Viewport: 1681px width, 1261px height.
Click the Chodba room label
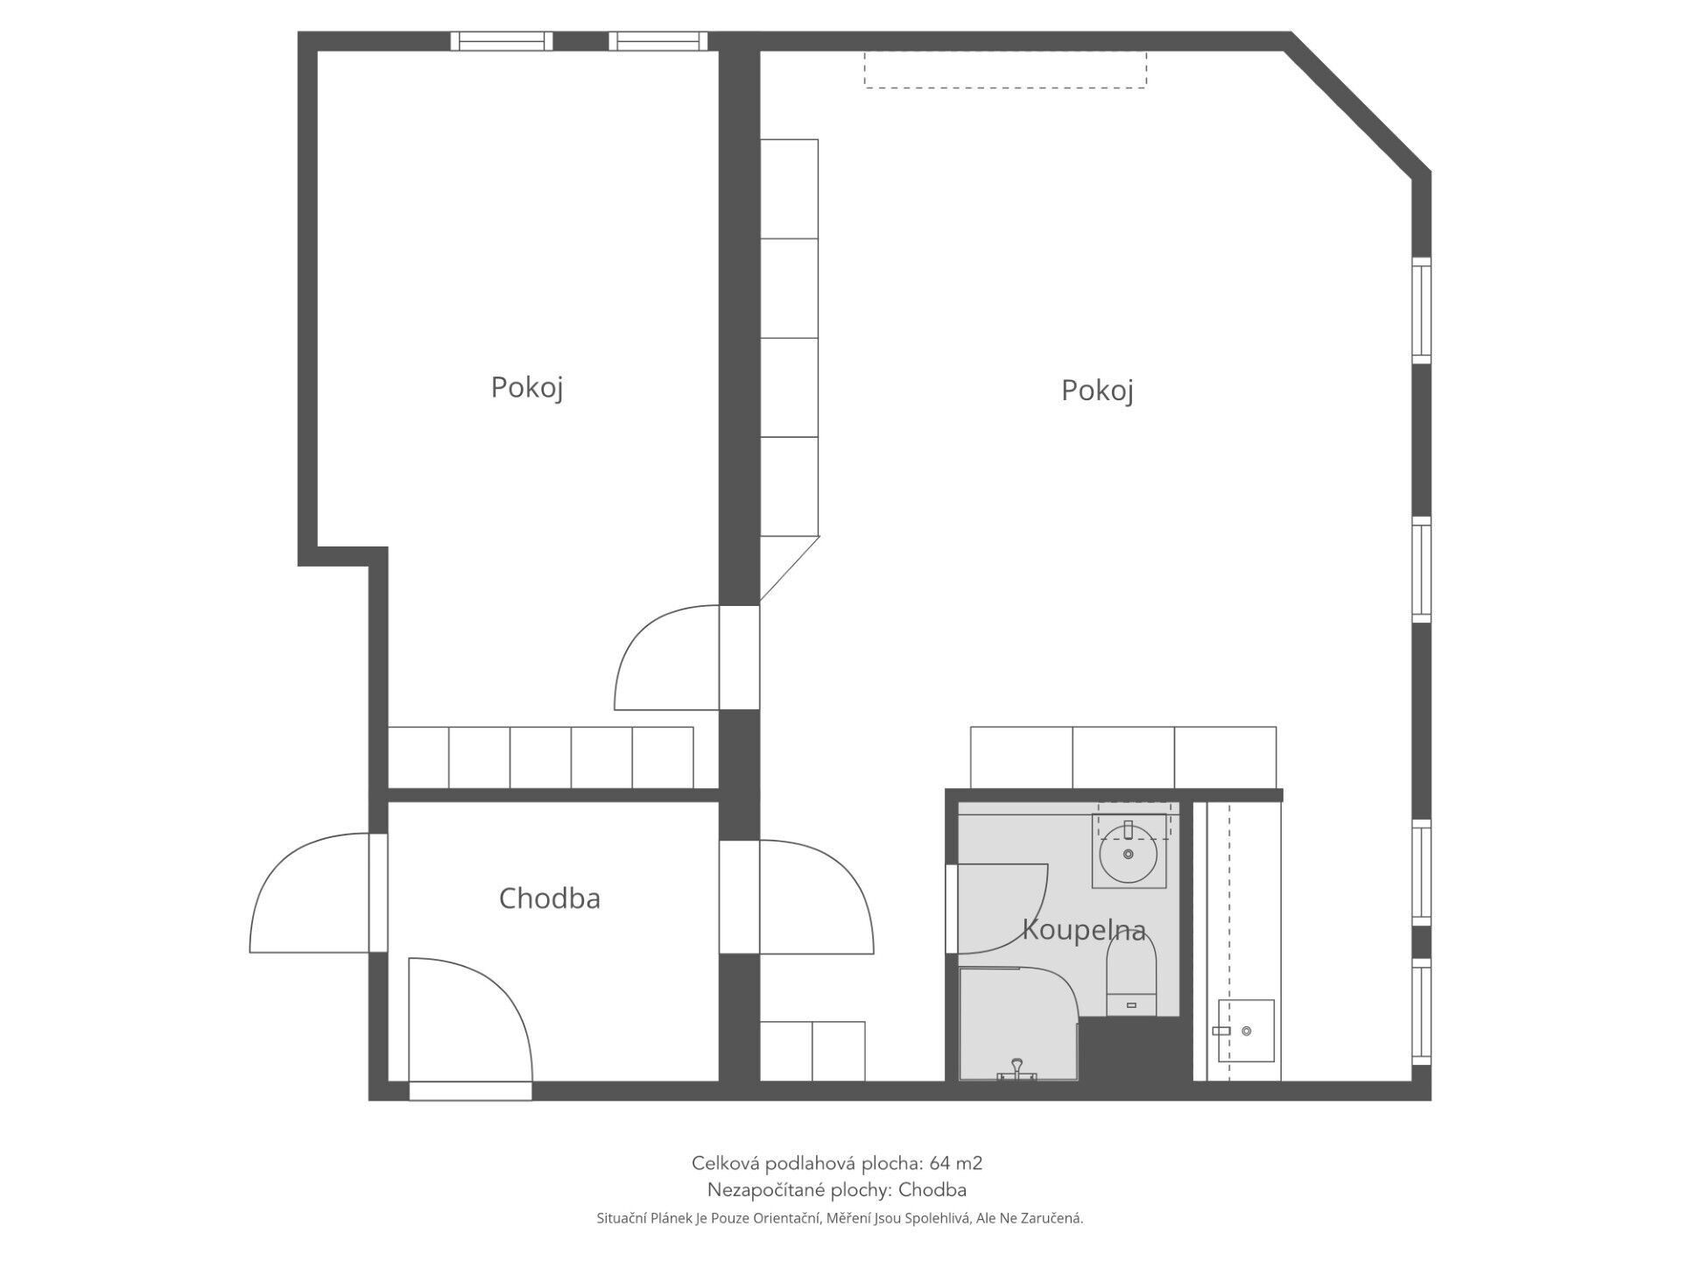point(549,898)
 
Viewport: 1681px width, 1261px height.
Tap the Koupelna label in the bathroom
point(1084,929)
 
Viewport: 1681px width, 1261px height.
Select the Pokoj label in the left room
point(526,387)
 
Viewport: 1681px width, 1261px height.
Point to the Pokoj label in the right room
point(1097,391)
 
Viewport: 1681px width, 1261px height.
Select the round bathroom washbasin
point(1129,854)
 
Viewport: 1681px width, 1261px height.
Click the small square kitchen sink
point(1245,1031)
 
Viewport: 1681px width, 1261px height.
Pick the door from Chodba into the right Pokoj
point(816,897)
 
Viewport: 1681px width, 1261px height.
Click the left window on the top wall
point(502,41)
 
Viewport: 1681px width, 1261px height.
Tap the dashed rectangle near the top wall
point(1005,69)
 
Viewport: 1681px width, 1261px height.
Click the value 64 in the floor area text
point(939,1163)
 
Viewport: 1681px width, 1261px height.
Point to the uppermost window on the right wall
point(1422,309)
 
